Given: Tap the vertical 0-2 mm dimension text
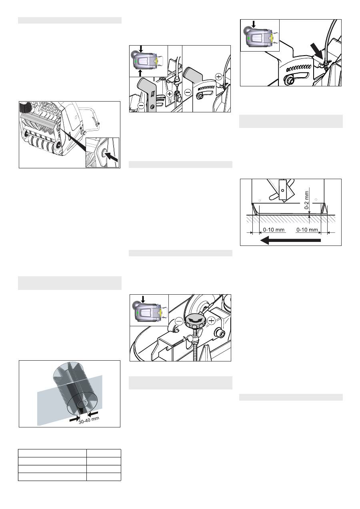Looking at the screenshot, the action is coord(306,200).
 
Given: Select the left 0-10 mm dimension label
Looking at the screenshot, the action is coord(274,230).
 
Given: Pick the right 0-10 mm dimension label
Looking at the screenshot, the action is coord(307,230).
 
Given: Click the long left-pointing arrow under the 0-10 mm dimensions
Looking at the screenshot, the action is coord(290,240).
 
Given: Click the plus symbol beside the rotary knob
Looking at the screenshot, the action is coord(212,321).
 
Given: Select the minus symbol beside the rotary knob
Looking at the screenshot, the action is coord(179,321).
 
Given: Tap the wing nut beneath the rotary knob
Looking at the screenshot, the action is coord(193,339).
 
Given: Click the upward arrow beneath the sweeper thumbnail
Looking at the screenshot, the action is coord(140,73).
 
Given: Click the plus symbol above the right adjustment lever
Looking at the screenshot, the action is coord(219,77).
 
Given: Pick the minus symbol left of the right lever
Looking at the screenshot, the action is coord(188,92).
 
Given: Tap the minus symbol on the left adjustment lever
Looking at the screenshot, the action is coord(141,106).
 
